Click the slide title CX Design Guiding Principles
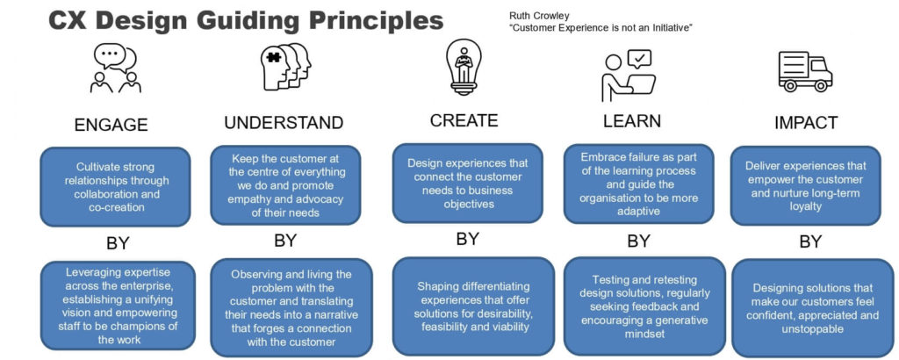click(246, 21)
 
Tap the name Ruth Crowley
click(531, 16)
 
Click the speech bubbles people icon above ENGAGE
click(116, 68)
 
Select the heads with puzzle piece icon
click(286, 67)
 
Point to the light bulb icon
click(464, 67)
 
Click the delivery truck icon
click(805, 71)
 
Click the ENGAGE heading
click(111, 125)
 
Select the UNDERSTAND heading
click(284, 123)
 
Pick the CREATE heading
click(464, 120)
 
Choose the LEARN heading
click(632, 121)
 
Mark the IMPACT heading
click(806, 123)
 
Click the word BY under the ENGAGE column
click(119, 243)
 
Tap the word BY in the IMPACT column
click(810, 242)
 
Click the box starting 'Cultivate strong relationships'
click(115, 187)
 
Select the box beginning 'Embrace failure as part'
click(638, 184)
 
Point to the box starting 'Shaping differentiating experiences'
click(473, 306)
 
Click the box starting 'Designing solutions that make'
click(814, 308)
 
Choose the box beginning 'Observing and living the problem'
click(291, 307)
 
